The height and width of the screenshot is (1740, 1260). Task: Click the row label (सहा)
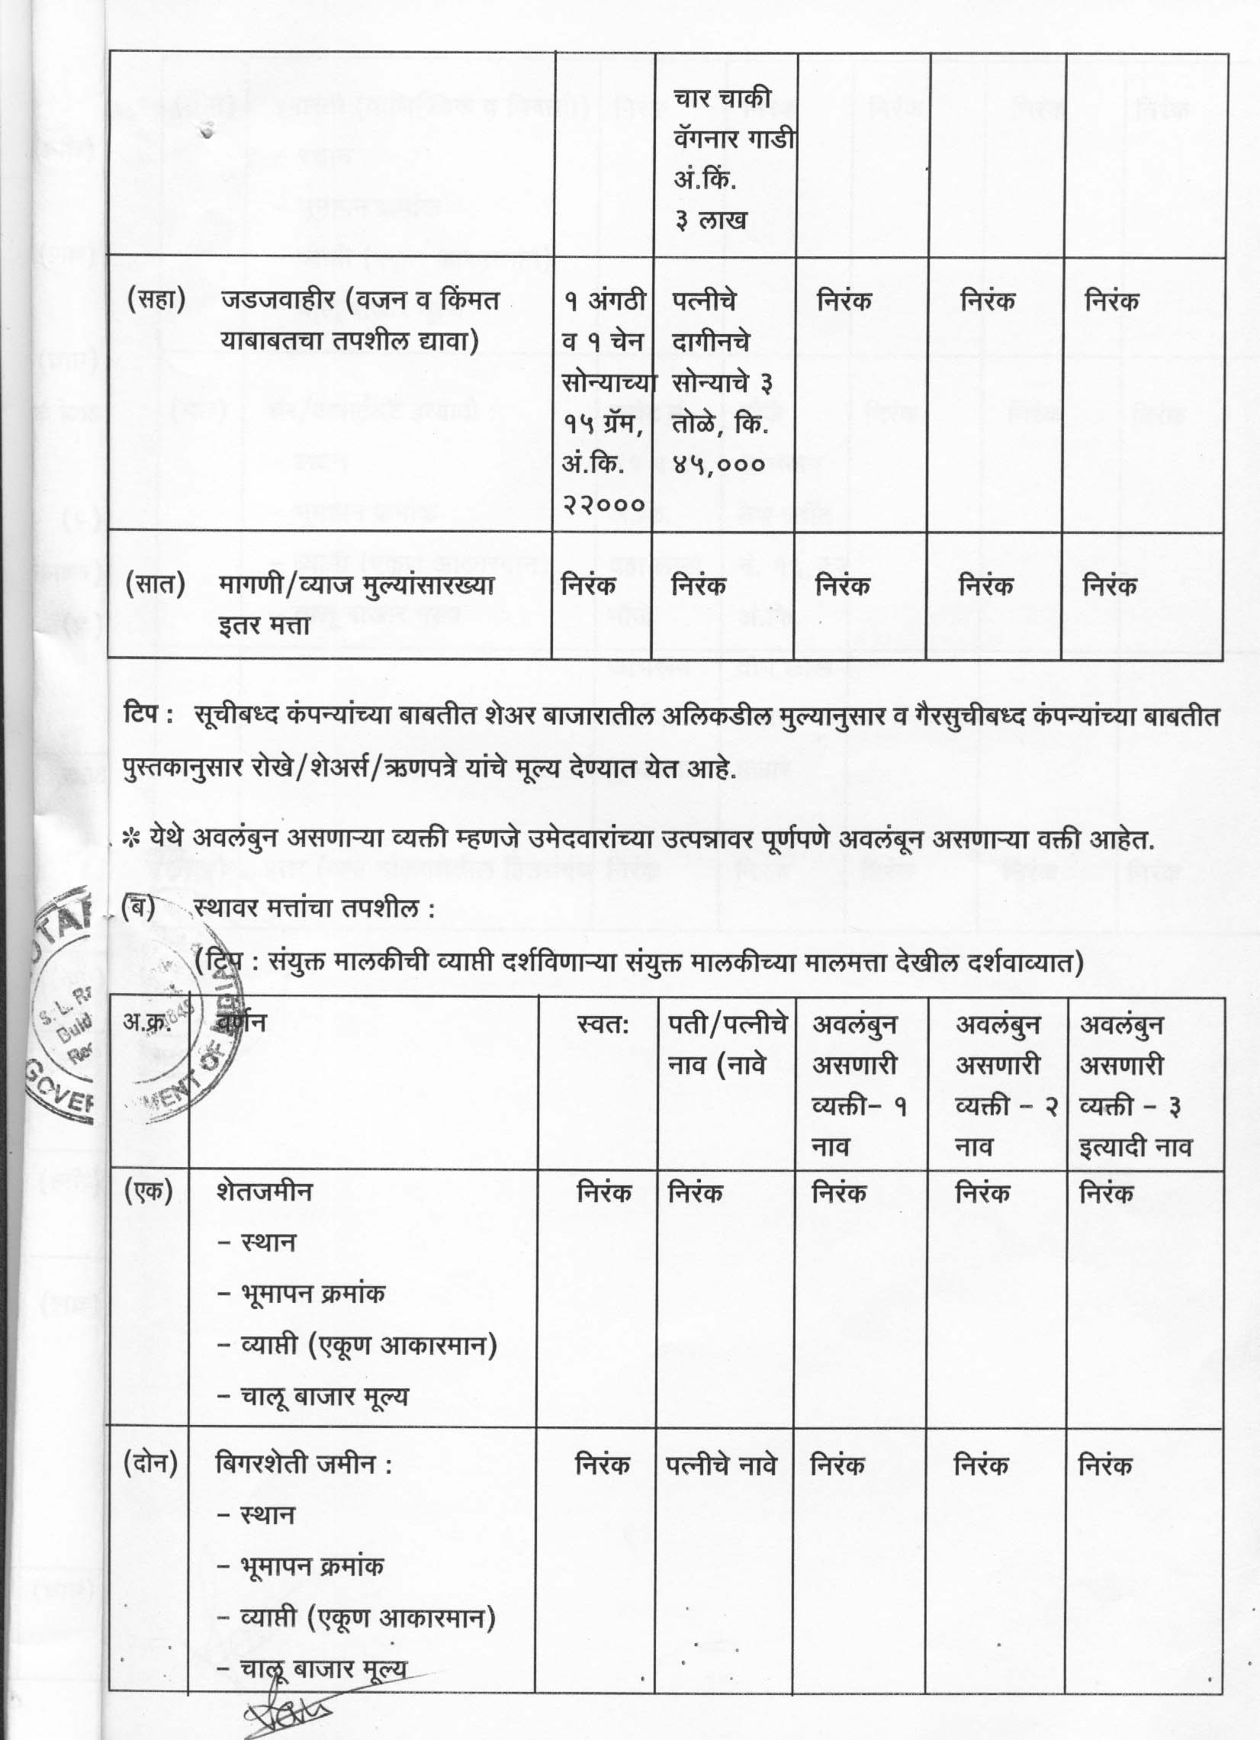click(156, 300)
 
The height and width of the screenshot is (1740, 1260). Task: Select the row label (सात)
click(156, 585)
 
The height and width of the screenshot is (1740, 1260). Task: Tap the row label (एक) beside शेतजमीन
click(148, 1191)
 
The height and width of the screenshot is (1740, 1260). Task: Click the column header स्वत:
click(603, 1025)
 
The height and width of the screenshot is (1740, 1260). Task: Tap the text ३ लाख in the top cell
click(711, 221)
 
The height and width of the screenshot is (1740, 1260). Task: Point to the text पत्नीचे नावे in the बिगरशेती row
click(721, 1465)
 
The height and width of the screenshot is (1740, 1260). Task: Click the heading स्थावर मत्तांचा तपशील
click(314, 910)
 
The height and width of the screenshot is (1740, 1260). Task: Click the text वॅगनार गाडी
click(734, 140)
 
